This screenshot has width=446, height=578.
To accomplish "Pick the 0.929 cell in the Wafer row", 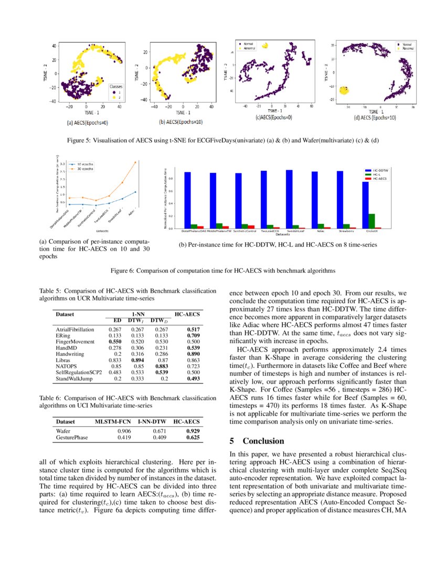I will [x=193, y=431].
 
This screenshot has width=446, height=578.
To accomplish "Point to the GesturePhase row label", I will [x=72, y=437].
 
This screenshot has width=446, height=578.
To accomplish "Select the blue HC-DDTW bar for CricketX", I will [x=365, y=205].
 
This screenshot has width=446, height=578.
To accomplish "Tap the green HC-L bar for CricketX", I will [x=371, y=221].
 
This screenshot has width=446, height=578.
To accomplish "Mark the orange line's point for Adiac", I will [x=135, y=162].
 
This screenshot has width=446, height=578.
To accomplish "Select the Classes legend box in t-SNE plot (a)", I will [x=116, y=91].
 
